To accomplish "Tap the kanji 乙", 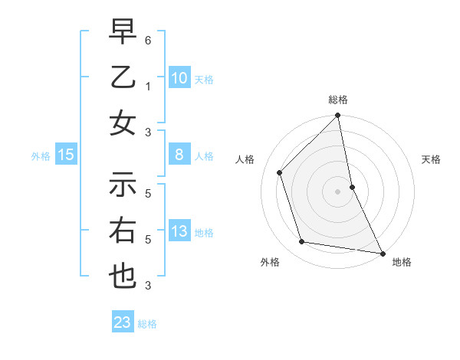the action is pyautogui.click(x=123, y=78).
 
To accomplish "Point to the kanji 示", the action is pyautogui.click(x=123, y=184).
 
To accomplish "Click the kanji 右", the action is pyautogui.click(x=123, y=230).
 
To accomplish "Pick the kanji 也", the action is pyautogui.click(x=123, y=276).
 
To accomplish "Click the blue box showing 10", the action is pyautogui.click(x=179, y=77).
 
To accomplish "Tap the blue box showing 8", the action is pyautogui.click(x=179, y=155).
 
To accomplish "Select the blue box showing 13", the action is pyautogui.click(x=179, y=231).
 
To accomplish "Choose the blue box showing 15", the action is pyautogui.click(x=66, y=155).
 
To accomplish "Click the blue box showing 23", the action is pyautogui.click(x=123, y=322).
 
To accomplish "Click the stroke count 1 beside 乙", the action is pyautogui.click(x=148, y=86).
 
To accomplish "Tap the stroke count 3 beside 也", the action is pyautogui.click(x=148, y=286).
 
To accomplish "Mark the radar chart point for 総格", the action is pyautogui.click(x=338, y=116).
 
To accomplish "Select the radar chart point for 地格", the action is pyautogui.click(x=381, y=252).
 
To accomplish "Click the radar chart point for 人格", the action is pyautogui.click(x=280, y=172).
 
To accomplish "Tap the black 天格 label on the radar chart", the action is pyautogui.click(x=431, y=159).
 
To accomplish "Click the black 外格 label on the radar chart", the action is pyautogui.click(x=270, y=262).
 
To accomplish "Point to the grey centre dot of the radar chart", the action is pyautogui.click(x=338, y=191).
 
